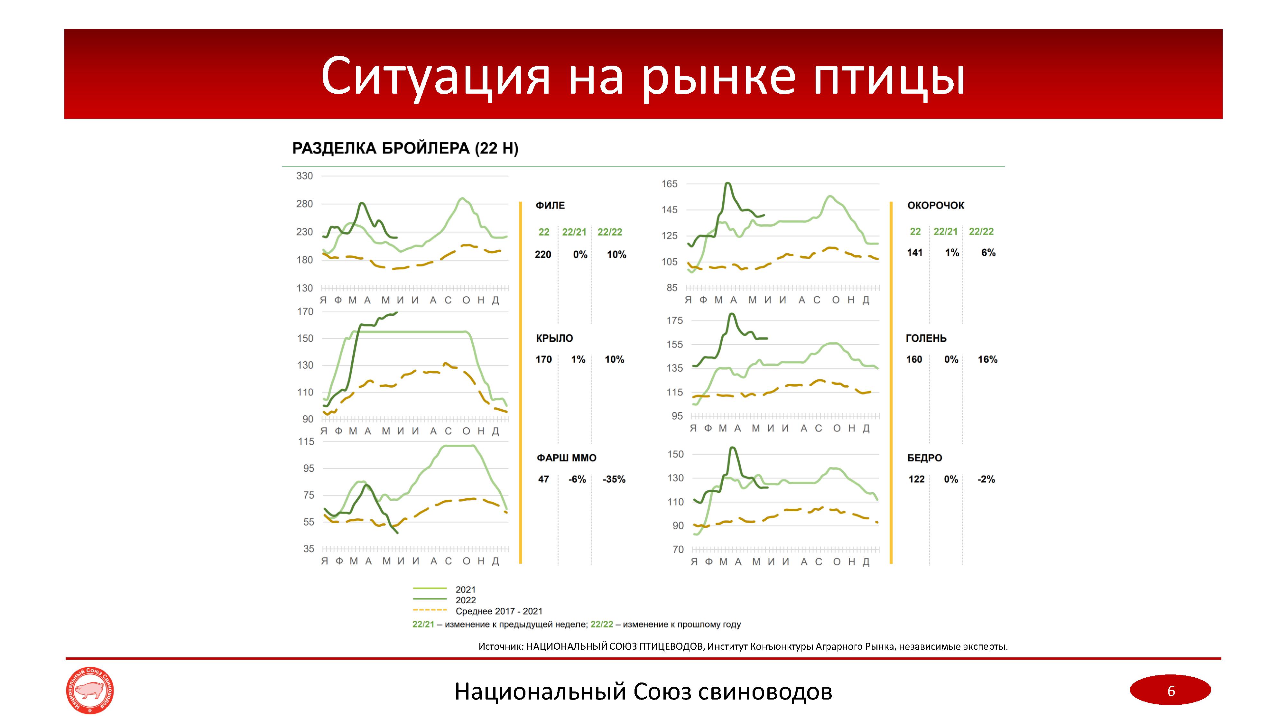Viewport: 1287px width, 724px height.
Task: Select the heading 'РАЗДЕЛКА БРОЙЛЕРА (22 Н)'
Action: point(405,148)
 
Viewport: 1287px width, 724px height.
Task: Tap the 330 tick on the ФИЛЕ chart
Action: point(304,176)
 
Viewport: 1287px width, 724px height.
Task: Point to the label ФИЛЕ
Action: point(550,205)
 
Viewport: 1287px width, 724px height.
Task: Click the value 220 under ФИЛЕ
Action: point(543,255)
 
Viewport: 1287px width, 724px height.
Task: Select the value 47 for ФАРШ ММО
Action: point(543,479)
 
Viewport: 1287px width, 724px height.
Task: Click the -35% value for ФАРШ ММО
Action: point(614,479)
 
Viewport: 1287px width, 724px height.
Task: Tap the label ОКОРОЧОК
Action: point(935,205)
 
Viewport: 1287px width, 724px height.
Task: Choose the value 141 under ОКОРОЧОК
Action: point(915,253)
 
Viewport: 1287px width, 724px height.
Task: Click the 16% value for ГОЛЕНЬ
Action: point(987,360)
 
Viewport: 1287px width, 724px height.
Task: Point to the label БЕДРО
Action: point(924,458)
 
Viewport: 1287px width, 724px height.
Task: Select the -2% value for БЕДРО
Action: point(986,479)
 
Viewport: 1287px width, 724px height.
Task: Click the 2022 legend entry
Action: point(465,600)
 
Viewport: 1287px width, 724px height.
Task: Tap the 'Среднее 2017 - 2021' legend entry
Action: point(499,611)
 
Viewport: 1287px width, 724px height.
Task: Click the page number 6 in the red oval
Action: point(1171,691)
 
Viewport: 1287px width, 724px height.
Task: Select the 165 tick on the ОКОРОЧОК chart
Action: point(670,184)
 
